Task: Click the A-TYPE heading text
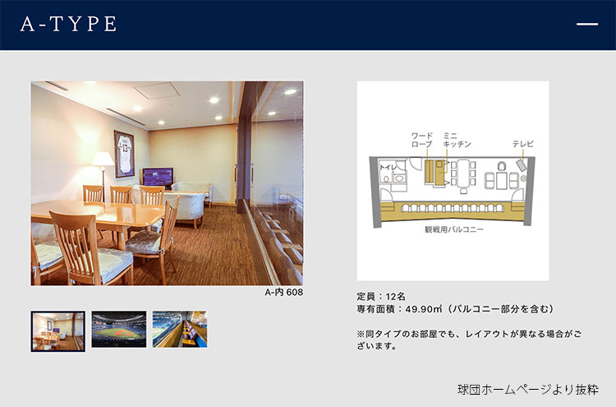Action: click(68, 24)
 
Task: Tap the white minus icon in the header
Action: click(587, 24)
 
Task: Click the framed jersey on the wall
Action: click(124, 154)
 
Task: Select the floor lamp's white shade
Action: click(103, 159)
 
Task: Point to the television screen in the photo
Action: click(158, 176)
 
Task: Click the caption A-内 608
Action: click(283, 292)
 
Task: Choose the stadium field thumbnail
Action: click(119, 329)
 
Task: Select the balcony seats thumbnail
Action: click(180, 329)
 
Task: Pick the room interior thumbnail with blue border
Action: click(58, 331)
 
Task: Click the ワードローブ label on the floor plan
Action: click(421, 140)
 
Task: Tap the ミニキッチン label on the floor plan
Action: click(457, 140)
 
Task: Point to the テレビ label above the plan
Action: click(523, 144)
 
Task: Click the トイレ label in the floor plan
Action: click(388, 167)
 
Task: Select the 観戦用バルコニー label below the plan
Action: click(453, 229)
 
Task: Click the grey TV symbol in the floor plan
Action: click(522, 164)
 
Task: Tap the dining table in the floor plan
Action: click(463, 173)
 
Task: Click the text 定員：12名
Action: click(381, 297)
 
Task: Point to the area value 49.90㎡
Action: click(424, 309)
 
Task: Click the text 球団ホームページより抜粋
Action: click(528, 389)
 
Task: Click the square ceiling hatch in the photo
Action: click(157, 90)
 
